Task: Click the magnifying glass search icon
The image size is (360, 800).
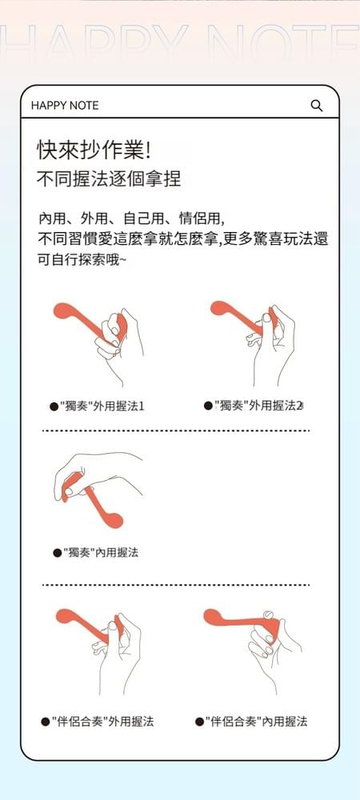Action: coord(317,106)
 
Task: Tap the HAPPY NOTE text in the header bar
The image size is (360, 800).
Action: coord(65,106)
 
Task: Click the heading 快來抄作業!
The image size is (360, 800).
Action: coord(94,150)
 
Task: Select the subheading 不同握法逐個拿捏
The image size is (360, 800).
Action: coord(109,179)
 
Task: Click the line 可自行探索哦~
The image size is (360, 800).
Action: coord(82,260)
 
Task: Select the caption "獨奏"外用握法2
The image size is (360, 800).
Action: coord(258,406)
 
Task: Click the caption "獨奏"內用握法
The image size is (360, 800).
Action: coord(101,553)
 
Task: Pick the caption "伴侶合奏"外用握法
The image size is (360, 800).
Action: coord(103,722)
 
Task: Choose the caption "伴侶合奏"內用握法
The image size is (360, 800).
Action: coord(257,722)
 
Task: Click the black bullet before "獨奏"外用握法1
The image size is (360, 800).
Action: coord(54,407)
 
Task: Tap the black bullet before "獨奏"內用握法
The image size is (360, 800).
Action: coord(58,553)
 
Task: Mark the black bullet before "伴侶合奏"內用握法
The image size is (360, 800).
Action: coord(200,722)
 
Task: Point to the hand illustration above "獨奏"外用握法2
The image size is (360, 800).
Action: coord(273,347)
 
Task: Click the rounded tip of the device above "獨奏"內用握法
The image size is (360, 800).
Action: coord(114,520)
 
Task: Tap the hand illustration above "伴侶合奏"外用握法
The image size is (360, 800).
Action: coord(118,653)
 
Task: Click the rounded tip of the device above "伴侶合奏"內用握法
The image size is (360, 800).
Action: coord(211,617)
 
